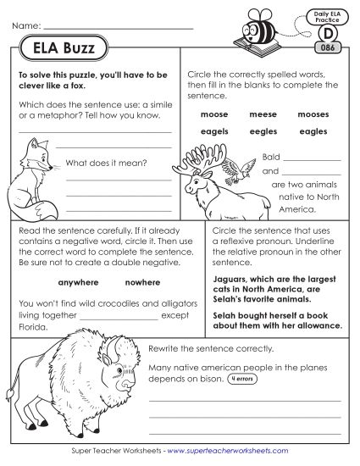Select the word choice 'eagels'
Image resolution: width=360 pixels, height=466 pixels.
[214, 131]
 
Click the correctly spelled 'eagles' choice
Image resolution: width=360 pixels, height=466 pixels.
[313, 131]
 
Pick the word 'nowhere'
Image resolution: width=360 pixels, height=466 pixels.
[142, 282]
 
